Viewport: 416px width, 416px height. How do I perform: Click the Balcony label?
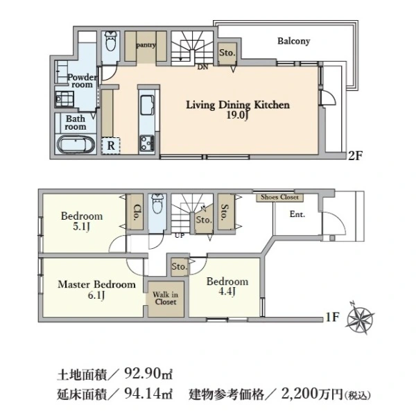pyautogui.click(x=293, y=41)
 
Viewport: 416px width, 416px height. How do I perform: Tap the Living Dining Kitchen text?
pyautogui.click(x=236, y=105)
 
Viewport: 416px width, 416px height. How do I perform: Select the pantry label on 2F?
pyautogui.click(x=146, y=46)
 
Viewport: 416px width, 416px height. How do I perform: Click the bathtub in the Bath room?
pyautogui.click(x=73, y=146)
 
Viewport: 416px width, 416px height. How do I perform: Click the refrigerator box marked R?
pyautogui.click(x=111, y=145)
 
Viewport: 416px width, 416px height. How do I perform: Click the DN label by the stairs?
pyautogui.click(x=203, y=67)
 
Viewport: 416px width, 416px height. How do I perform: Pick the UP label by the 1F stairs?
pyautogui.click(x=180, y=235)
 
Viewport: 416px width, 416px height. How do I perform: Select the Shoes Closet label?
pyautogui.click(x=279, y=197)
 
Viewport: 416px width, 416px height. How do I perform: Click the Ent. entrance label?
pyautogui.click(x=297, y=214)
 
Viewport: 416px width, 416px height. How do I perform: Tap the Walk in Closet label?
pyautogui.click(x=165, y=298)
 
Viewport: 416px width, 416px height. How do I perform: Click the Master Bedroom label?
pyautogui.click(x=96, y=284)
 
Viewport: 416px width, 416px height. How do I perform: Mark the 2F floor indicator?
pyautogui.click(x=356, y=156)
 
